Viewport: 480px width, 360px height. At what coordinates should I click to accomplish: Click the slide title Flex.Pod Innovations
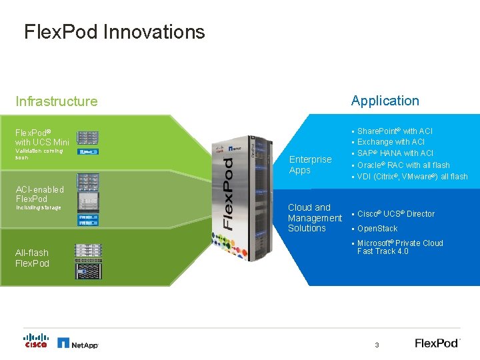(x=114, y=32)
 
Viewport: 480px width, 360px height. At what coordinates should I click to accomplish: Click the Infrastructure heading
(x=57, y=101)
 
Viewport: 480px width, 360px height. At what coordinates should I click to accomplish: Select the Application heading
(x=385, y=101)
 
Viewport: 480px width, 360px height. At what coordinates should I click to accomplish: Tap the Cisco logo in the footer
(x=36, y=341)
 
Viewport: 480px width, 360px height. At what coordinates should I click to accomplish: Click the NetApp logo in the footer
(x=78, y=343)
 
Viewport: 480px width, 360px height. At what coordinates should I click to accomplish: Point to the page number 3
(x=377, y=345)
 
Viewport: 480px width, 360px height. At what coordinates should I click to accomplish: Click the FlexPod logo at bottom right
(x=437, y=343)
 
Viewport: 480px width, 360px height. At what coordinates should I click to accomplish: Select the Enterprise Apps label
(x=310, y=165)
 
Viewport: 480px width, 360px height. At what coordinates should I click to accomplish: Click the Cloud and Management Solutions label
(x=314, y=217)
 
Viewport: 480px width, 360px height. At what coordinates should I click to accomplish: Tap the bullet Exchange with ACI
(x=391, y=142)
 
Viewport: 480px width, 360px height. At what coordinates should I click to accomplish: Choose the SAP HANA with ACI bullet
(x=395, y=153)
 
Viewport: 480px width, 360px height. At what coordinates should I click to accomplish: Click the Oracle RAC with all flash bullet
(x=403, y=165)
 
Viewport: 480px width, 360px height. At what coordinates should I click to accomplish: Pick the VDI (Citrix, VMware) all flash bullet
(x=412, y=177)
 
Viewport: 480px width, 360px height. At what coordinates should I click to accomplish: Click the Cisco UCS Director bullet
(x=395, y=214)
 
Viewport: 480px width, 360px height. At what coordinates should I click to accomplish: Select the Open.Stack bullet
(x=377, y=229)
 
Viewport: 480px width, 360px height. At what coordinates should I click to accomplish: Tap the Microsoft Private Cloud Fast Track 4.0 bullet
(x=399, y=247)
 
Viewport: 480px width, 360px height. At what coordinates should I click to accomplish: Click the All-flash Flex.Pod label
(x=32, y=258)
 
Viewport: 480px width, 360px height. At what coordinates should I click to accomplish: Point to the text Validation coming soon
(x=39, y=154)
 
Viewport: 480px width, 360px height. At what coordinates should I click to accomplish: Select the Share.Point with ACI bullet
(x=395, y=131)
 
